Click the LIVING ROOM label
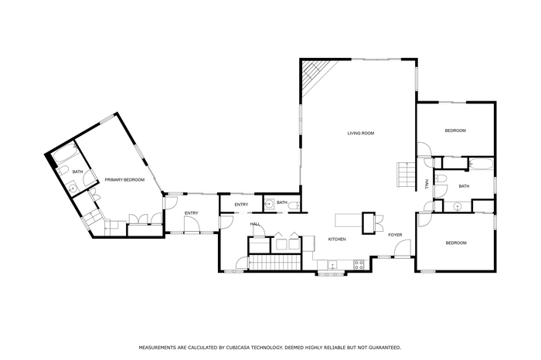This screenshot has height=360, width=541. (361, 133)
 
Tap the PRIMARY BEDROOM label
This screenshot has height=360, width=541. (124, 180)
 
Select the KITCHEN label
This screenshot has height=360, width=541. (337, 239)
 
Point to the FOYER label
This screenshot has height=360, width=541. (395, 235)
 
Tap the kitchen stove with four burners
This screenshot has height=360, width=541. (359, 265)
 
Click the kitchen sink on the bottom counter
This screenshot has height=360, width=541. (332, 265)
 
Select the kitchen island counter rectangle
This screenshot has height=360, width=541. (349, 221)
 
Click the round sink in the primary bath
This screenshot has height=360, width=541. (73, 188)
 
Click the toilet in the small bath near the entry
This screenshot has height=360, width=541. (294, 206)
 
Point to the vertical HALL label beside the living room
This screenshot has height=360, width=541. (427, 184)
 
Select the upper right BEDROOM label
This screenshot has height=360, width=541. (455, 131)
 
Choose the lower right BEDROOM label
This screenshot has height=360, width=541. (456, 243)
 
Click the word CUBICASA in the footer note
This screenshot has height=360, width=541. (238, 348)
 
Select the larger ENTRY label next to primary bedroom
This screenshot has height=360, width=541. (191, 213)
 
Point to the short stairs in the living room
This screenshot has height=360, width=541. (406, 174)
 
